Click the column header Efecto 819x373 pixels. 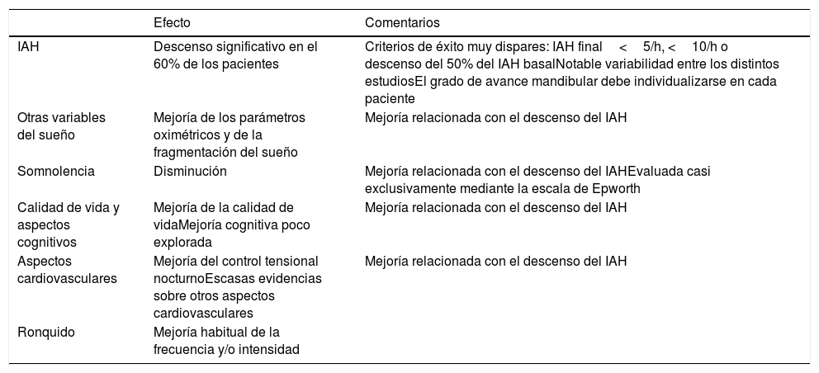(172, 21)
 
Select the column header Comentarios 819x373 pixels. (402, 21)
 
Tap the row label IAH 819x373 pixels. (28, 47)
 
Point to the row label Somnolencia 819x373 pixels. (56, 172)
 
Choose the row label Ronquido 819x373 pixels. (46, 332)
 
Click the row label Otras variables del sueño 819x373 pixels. (61, 126)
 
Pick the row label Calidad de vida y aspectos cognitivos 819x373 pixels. (69, 225)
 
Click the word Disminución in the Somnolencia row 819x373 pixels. (190, 172)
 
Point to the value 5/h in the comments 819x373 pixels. (652, 47)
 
